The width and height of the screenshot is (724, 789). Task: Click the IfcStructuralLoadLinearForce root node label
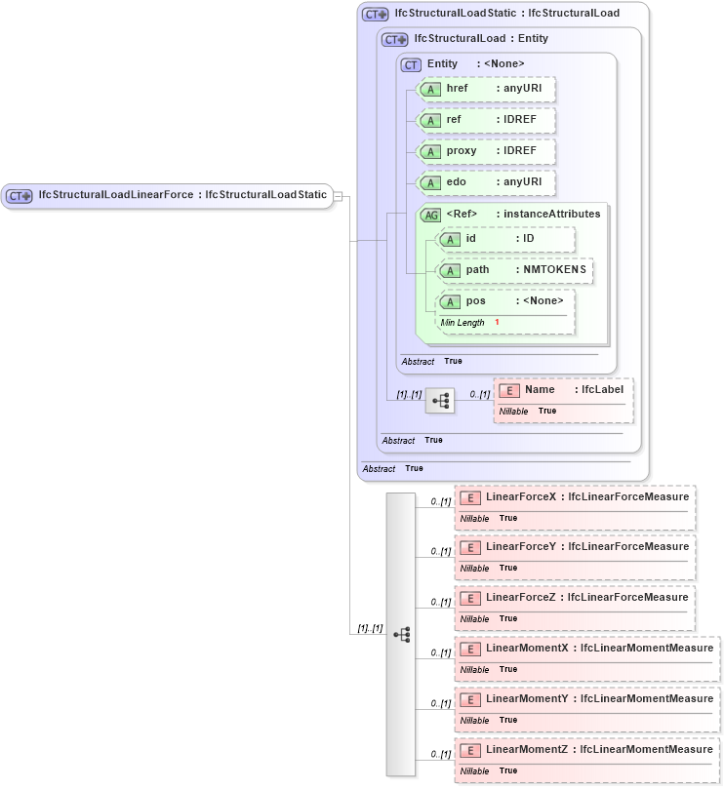point(182,195)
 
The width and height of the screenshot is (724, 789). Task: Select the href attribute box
point(485,89)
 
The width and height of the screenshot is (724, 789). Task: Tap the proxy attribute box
point(485,151)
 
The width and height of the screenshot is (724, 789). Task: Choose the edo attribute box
point(485,182)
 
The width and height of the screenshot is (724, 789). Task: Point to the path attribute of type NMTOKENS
point(513,270)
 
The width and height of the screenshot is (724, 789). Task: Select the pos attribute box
point(505,301)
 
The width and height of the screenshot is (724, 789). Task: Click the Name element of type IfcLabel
point(564,390)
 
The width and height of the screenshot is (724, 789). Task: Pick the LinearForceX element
point(575,496)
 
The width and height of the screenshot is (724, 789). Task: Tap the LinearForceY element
point(575,547)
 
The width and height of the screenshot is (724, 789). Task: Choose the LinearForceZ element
point(575,598)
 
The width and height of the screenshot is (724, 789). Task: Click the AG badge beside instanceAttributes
point(430,215)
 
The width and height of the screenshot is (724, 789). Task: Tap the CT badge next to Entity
point(411,64)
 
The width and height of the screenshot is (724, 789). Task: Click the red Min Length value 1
point(497,322)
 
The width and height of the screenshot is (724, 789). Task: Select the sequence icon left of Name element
point(440,400)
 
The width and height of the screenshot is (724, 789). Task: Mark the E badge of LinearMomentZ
point(469,750)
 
